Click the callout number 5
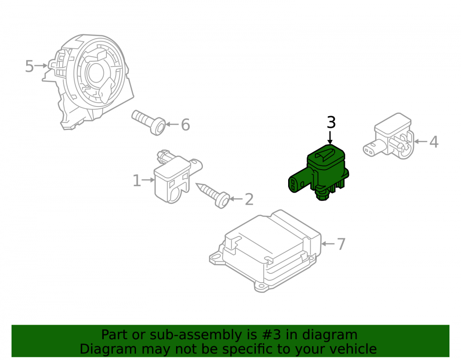pos(30,66)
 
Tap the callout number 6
pos(185,124)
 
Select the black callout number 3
pos(331,123)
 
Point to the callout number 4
pos(434,142)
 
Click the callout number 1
pos(137,180)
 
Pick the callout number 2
pos(249,200)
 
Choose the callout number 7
pos(341,244)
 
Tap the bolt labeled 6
pos(148,122)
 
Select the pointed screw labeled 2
pos(213,195)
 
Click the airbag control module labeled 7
pos(265,251)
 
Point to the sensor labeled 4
pos(389,136)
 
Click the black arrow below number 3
pos(330,137)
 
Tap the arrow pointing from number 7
pos(328,244)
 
